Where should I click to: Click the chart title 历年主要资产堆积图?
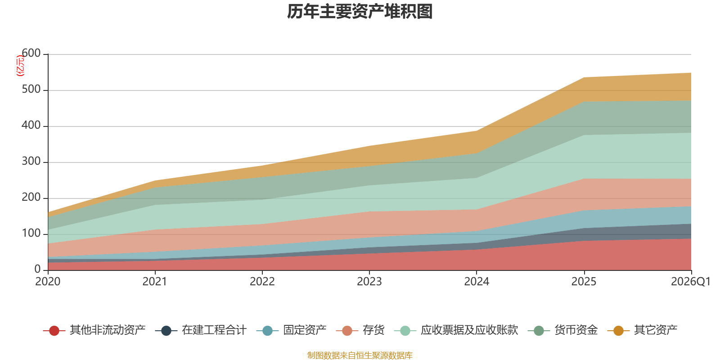click(360, 12)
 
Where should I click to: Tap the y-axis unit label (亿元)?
click(20, 65)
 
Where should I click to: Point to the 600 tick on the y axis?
click(31, 53)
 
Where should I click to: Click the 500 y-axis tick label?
click(31, 89)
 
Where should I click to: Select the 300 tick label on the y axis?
click(31, 161)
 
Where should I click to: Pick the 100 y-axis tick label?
click(31, 233)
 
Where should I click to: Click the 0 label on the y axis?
click(37, 269)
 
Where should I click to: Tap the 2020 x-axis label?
click(48, 282)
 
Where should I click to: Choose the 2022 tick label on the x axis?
click(262, 282)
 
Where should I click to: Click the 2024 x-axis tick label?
click(477, 282)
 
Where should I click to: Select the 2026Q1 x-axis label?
click(691, 282)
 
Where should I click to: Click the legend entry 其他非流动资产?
click(94, 330)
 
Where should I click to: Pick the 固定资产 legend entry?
click(292, 330)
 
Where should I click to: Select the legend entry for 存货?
click(360, 330)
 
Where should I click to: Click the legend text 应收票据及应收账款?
click(469, 330)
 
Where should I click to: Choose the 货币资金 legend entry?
click(563, 330)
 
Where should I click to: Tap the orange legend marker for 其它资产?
click(618, 330)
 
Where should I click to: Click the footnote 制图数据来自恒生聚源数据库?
click(360, 355)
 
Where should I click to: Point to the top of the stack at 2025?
click(584, 77)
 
